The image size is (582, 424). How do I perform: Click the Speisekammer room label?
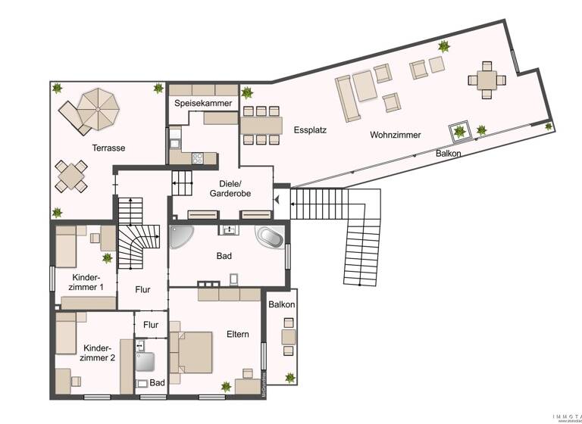coord(202,103)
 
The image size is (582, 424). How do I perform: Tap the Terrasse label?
coord(108,148)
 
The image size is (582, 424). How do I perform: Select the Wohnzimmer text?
coord(395,135)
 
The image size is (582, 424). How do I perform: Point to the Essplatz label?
coord(309,130)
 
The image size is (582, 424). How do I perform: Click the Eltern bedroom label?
coord(237,334)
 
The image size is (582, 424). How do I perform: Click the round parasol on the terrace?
coord(99,109)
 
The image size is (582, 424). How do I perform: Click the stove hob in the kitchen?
coord(198,158)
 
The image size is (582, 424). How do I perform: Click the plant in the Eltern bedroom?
coord(225,387)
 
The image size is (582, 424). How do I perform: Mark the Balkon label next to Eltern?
coord(281,304)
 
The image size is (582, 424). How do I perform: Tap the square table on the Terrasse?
coord(70,176)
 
